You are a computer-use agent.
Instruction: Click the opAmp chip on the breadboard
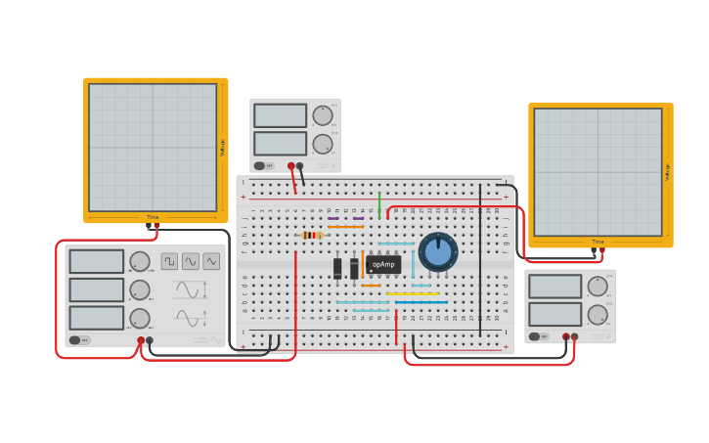click(383, 264)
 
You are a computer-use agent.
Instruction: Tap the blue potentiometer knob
click(438, 252)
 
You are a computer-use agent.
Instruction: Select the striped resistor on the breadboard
click(312, 235)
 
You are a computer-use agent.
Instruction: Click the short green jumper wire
click(379, 204)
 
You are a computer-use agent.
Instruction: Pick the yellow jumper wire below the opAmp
click(413, 293)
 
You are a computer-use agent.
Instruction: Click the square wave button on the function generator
click(169, 261)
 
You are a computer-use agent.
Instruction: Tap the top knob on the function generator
click(140, 261)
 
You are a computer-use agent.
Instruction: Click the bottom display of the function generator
click(97, 318)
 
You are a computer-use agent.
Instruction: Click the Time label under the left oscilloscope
click(153, 217)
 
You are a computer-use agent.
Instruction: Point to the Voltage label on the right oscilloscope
click(668, 171)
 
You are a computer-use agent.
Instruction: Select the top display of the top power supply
click(280, 115)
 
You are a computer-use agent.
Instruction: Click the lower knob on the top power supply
click(322, 144)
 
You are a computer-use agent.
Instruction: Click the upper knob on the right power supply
click(597, 286)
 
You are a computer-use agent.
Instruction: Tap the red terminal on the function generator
click(141, 340)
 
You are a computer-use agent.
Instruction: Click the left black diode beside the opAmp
click(337, 268)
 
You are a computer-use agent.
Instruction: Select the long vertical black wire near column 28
click(480, 259)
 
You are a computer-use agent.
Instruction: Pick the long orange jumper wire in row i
click(345, 227)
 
